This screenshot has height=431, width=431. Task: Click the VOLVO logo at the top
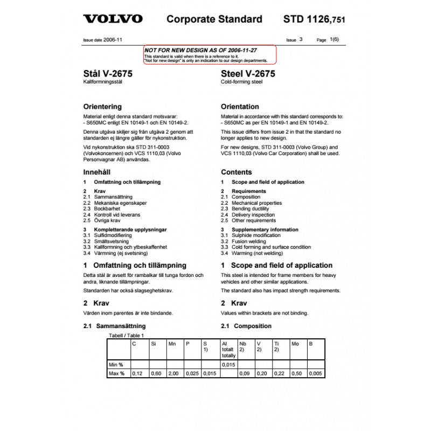[x=113, y=19]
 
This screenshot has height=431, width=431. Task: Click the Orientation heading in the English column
[x=240, y=107]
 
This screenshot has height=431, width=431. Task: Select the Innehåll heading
[x=96, y=172]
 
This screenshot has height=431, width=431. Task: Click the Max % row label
[x=117, y=373]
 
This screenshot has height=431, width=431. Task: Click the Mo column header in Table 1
[x=295, y=343]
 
